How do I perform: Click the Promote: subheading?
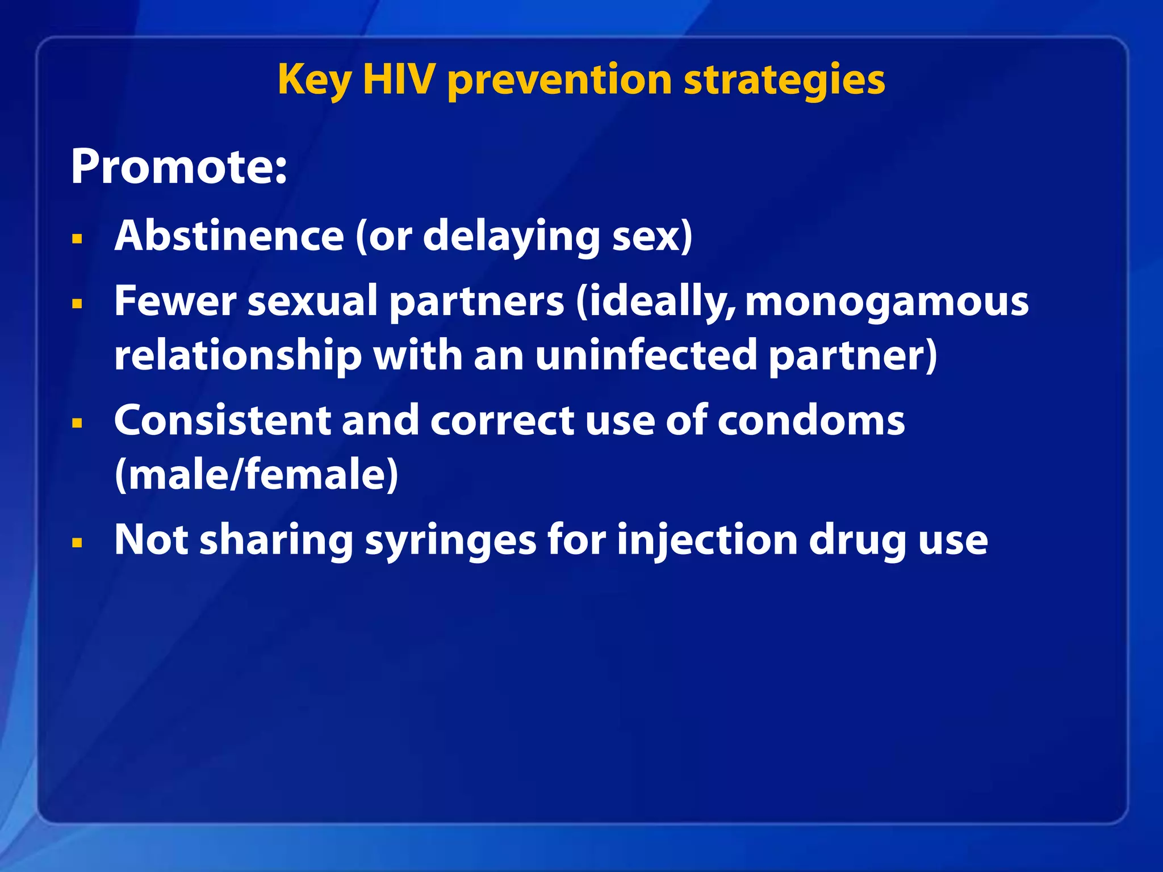[179, 167]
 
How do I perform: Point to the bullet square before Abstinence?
[77, 238]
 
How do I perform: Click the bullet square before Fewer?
[77, 304]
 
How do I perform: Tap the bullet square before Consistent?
[77, 423]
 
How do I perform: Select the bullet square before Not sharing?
[77, 543]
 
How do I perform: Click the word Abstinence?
[229, 236]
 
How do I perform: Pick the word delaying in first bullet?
[511, 237]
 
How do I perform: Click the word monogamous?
[886, 301]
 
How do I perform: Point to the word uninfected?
[646, 355]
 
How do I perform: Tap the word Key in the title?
[314, 81]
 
